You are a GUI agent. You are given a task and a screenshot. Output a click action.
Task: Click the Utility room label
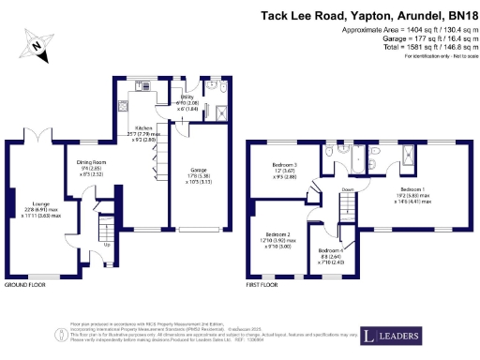pyautogui.click(x=189, y=97)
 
